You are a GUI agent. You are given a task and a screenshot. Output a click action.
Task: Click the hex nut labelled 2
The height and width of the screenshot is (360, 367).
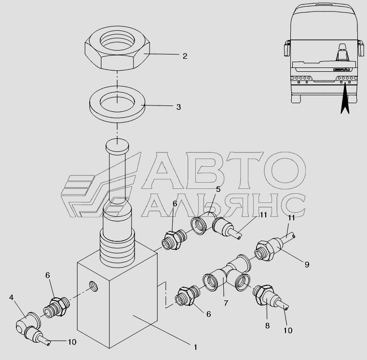[117, 48]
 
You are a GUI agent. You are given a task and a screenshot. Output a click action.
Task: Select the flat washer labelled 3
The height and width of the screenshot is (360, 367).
[117, 104]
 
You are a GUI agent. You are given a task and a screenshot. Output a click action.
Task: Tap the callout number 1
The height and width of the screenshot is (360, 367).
[195, 347]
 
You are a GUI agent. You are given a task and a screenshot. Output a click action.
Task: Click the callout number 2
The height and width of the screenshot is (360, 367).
[185, 56]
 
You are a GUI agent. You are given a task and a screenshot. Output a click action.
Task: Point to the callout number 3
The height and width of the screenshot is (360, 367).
[178, 107]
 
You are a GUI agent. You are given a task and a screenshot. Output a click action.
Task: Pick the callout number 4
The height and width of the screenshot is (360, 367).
[11, 297]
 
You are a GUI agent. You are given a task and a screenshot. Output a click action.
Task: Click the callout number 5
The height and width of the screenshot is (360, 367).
[218, 189]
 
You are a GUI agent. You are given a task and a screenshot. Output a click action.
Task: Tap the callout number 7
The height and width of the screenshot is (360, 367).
[226, 303]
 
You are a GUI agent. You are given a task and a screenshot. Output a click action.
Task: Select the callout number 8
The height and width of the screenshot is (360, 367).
[267, 326]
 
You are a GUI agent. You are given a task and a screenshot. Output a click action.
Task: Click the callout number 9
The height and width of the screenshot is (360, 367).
[307, 265]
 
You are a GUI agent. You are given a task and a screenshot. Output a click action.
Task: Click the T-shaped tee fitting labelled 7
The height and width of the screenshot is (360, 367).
[227, 272]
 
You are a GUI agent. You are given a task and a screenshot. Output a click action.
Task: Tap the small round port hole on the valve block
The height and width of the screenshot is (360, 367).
[94, 286]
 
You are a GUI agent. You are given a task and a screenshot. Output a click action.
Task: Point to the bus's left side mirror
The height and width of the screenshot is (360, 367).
[287, 48]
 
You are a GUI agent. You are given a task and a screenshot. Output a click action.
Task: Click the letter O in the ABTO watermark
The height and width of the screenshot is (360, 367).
[285, 170]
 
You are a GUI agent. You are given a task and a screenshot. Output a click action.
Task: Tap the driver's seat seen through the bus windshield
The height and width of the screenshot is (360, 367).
[342, 53]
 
